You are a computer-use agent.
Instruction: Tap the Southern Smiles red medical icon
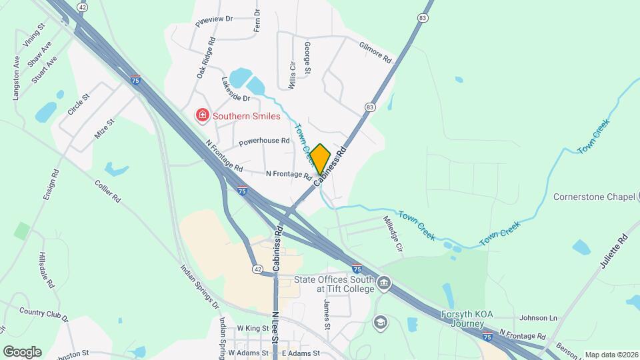(201, 116)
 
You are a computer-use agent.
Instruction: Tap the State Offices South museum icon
(384, 284)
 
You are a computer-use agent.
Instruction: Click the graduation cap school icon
(381, 322)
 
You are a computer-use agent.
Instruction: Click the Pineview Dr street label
(214, 20)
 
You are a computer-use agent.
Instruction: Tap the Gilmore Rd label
(375, 53)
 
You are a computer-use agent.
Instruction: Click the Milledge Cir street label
(393, 233)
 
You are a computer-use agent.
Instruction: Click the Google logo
(22, 351)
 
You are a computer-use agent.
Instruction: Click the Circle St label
(79, 105)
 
